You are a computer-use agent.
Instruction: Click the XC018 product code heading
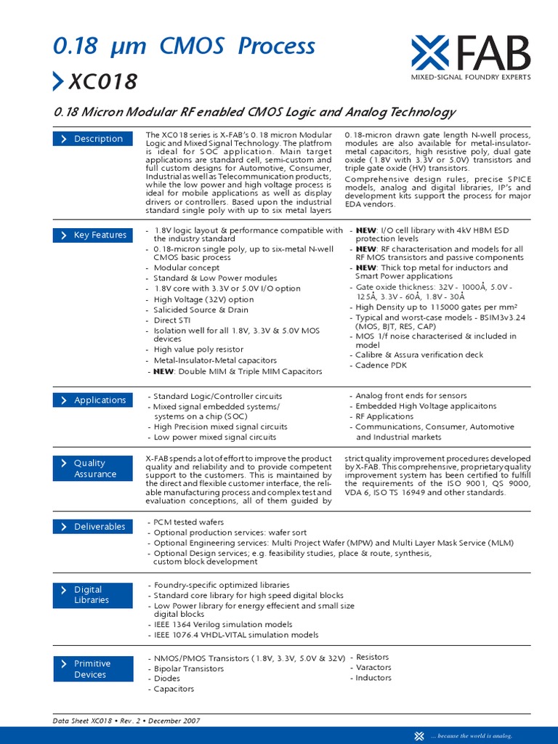click(102, 82)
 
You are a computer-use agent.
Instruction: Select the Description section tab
click(92, 139)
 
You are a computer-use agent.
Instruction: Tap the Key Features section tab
click(92, 235)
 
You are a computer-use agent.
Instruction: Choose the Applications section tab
click(92, 400)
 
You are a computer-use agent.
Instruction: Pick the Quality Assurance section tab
click(92, 469)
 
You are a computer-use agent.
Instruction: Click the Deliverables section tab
click(92, 527)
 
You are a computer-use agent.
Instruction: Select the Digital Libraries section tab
click(92, 595)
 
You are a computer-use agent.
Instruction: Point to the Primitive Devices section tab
click(92, 669)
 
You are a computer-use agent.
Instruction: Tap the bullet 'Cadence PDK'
click(381, 365)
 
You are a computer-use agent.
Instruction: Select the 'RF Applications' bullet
click(384, 417)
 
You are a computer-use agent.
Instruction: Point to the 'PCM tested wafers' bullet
click(188, 522)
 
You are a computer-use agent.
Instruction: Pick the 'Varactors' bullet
click(373, 667)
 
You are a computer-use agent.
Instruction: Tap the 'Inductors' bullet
click(373, 678)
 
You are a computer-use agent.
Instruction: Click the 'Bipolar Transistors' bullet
click(188, 668)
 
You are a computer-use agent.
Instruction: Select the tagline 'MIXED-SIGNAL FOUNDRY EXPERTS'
click(470, 77)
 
